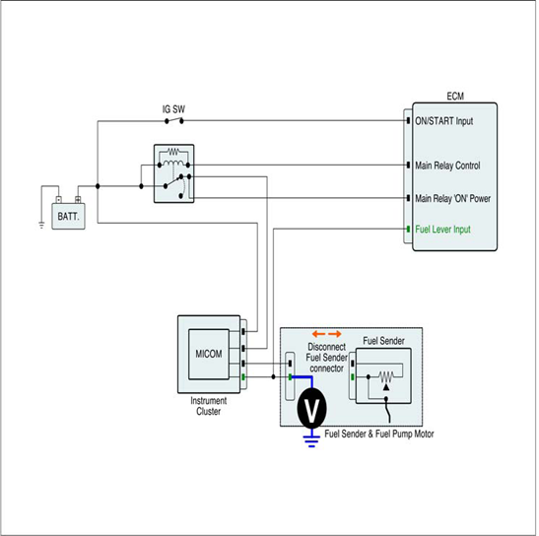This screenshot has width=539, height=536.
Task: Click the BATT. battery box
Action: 68,216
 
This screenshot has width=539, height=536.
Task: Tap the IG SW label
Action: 173,109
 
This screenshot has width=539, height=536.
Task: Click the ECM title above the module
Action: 455,97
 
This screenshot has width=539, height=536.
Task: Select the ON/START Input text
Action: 444,121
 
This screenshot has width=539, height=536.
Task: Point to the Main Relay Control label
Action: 447,166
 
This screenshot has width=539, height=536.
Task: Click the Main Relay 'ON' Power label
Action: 452,198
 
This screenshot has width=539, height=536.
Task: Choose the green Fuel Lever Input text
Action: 442,230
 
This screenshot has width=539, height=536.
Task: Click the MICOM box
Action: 209,354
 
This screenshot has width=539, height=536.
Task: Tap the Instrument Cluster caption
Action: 208,406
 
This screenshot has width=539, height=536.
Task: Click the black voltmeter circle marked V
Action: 311,409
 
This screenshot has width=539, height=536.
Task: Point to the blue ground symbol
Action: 311,440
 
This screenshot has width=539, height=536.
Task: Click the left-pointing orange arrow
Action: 318,334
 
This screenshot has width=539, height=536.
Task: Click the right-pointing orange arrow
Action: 335,334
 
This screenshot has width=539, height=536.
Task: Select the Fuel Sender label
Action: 383,341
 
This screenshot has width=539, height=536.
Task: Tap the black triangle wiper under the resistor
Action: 386,387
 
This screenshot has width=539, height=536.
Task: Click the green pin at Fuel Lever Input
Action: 408,229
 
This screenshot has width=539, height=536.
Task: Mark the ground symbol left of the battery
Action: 41,226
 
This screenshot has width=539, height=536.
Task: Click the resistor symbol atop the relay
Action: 173,152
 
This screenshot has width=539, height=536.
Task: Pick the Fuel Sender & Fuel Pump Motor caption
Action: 379,434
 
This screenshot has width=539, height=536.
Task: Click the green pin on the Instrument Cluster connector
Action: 243,377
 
